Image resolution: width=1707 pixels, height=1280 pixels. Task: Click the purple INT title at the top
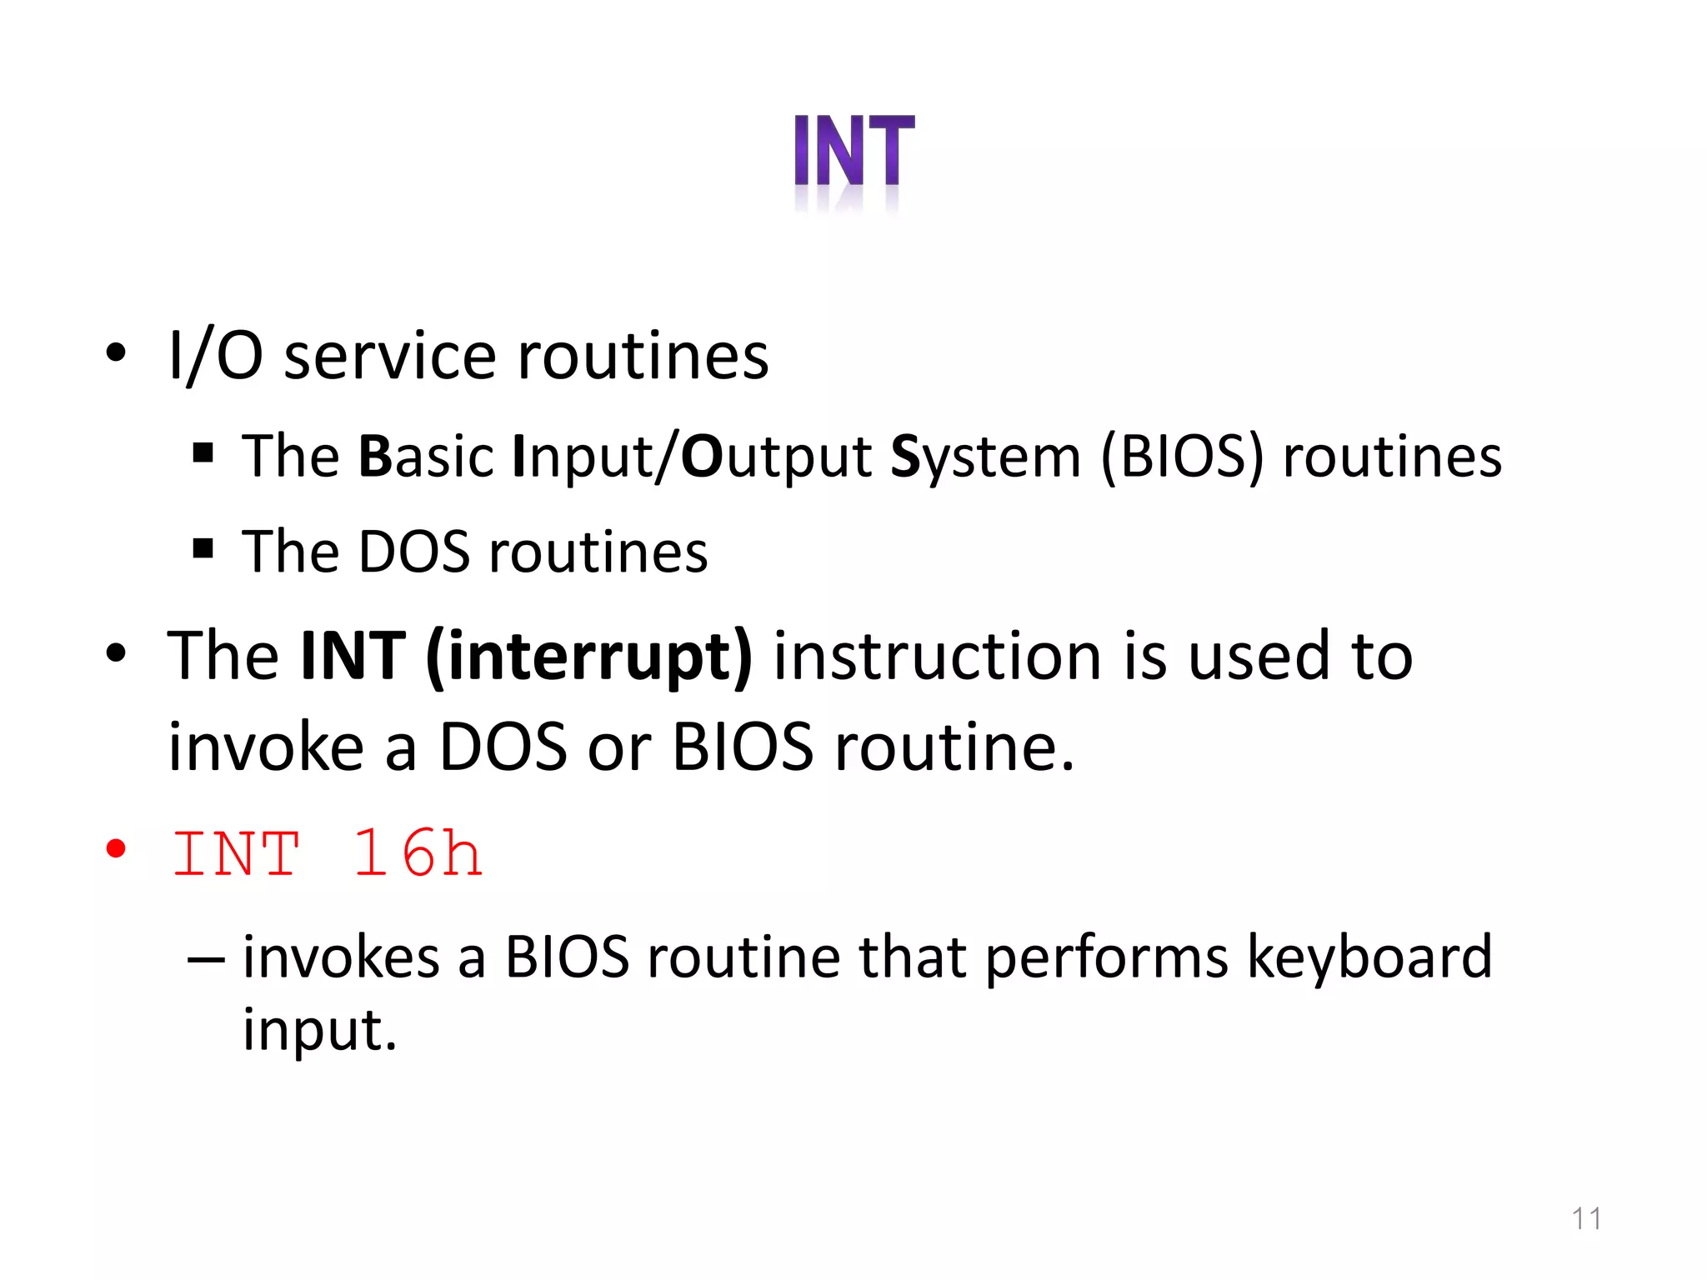coord(853,151)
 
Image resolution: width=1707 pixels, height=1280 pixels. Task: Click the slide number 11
coord(1585,1218)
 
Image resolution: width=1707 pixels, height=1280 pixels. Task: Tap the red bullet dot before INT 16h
coord(116,849)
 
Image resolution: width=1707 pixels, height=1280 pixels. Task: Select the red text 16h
coord(417,854)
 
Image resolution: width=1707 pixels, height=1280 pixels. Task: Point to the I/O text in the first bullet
coord(215,357)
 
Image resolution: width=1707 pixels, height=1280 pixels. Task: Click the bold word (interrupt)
coord(588,657)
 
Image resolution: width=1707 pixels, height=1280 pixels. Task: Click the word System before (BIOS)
coord(985,458)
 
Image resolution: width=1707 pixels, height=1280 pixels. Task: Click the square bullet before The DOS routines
coord(203,548)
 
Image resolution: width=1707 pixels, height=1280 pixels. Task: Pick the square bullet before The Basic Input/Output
coord(203,453)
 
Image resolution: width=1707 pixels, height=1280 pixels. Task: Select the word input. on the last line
coord(319,1030)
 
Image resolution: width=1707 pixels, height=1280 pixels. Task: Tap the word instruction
coord(937,657)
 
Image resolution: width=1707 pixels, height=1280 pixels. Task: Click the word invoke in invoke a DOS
coord(265,747)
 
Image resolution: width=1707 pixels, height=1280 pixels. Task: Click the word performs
coord(1106,958)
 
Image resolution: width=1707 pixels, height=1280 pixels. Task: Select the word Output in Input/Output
coord(775,458)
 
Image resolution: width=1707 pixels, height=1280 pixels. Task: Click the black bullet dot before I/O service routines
coord(116,352)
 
